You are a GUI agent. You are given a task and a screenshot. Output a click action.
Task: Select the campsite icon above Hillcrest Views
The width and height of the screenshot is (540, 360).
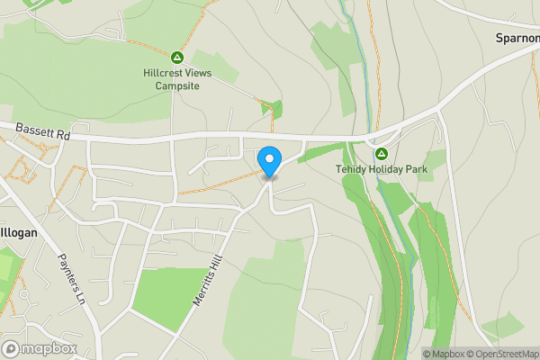(x=177, y=56)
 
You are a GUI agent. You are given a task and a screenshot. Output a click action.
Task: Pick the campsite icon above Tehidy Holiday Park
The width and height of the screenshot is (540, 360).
(x=381, y=153)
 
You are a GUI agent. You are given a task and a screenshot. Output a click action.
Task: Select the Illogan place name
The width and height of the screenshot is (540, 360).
(x=17, y=232)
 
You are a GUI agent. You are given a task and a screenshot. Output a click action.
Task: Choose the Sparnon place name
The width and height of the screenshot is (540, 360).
(x=517, y=39)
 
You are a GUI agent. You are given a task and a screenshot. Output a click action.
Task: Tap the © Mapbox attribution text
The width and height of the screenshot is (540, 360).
(x=445, y=354)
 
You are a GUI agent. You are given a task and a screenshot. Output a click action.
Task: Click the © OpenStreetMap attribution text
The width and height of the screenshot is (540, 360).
(x=505, y=354)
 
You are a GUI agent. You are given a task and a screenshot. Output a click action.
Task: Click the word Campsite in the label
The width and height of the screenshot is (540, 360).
(x=177, y=85)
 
